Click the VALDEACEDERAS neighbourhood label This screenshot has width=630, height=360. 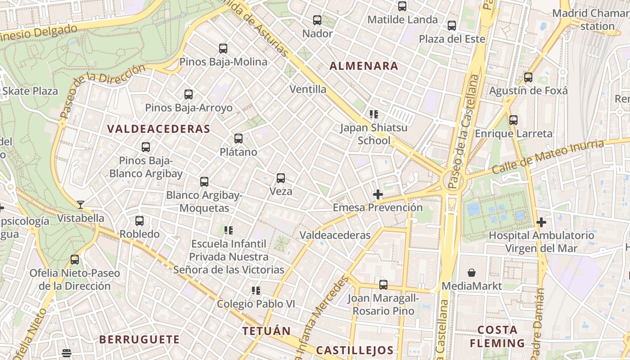tap(158, 129)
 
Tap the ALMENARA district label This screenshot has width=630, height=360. tap(364, 66)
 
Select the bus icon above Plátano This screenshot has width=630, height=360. tap(238, 139)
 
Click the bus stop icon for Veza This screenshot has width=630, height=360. tap(281, 178)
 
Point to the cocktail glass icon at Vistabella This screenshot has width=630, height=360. tap(81, 205)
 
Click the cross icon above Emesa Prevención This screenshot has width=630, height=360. tap(378, 194)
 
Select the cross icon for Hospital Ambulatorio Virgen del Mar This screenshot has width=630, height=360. tap(541, 222)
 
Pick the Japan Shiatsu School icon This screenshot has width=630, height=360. tap(373, 114)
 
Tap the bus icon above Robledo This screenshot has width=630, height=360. tap(139, 221)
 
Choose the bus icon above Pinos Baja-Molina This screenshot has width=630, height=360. tap(223, 49)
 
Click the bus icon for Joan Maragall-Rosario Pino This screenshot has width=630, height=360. tap(383, 284)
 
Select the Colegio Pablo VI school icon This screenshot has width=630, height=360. tap(256, 291)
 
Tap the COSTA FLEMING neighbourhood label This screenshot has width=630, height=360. tap(497, 336)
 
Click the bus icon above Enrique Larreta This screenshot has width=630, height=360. tap(513, 120)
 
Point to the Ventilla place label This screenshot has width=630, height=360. tap(308, 89)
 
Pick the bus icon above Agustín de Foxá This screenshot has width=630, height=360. tap(528, 77)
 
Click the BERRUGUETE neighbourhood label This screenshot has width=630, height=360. tap(139, 339)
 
